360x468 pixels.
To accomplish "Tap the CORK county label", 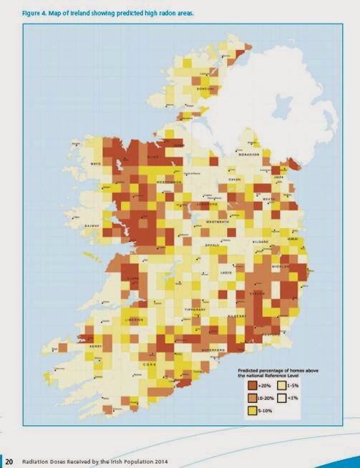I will (147, 364).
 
